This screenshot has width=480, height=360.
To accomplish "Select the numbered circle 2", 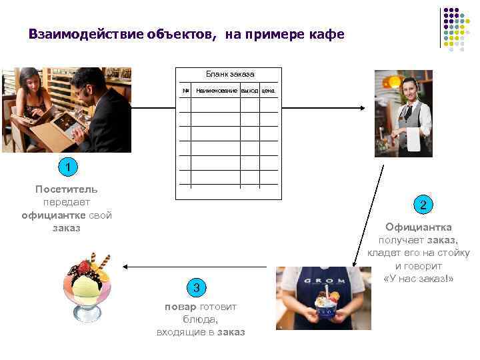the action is [421, 205].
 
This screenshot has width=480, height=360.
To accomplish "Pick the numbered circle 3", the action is [196, 288].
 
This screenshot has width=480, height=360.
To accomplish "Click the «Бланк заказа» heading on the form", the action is [229, 74].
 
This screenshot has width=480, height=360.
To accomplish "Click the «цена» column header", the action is [268, 90].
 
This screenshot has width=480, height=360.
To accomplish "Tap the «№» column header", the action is [186, 90].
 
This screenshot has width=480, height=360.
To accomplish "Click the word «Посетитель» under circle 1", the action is [66, 189].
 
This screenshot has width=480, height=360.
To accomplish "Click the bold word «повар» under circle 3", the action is [180, 307].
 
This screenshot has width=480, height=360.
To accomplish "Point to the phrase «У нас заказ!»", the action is [419, 278].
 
